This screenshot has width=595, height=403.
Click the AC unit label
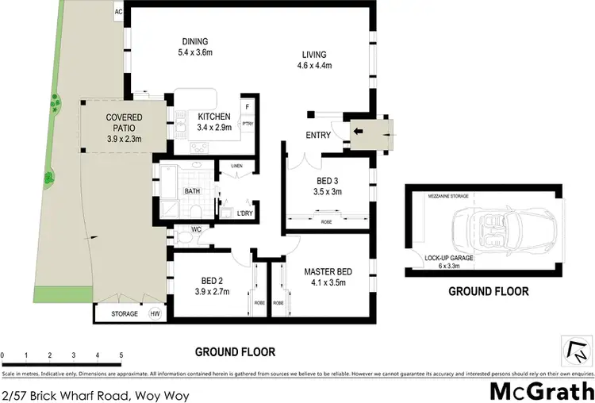[x=119, y=12]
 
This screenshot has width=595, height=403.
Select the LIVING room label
[x=313, y=55]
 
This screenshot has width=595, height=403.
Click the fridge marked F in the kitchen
[x=247, y=106]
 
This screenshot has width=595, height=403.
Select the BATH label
[x=192, y=191]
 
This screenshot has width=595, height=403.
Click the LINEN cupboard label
[x=236, y=166]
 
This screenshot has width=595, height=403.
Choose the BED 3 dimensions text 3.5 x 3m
[x=328, y=190]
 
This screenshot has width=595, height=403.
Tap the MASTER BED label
[x=328, y=273]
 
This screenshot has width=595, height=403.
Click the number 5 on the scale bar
[x=121, y=355]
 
